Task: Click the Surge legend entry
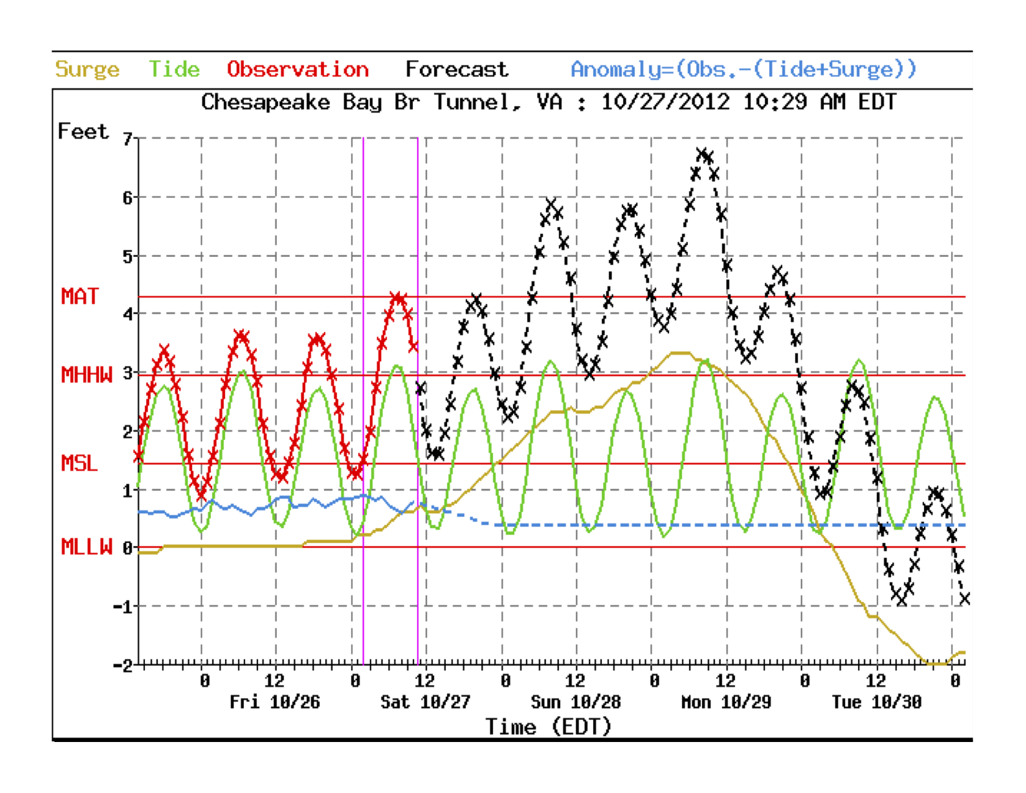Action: point(87,69)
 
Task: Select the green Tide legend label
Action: point(174,69)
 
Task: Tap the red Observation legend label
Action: point(298,69)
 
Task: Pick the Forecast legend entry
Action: point(457,69)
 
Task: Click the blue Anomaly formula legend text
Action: point(744,69)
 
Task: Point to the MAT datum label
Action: point(80,297)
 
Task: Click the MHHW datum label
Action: point(86,375)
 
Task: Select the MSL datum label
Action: point(80,463)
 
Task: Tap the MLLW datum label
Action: point(86,547)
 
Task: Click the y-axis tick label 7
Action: point(127,139)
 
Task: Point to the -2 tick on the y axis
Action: point(122,665)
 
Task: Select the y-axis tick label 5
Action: point(127,256)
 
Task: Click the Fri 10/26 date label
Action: point(275,703)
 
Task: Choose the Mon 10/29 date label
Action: point(726,703)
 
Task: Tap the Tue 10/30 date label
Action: point(877,703)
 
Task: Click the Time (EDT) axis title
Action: point(548,726)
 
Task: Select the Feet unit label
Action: point(83,132)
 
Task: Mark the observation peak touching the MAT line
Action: point(398,298)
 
